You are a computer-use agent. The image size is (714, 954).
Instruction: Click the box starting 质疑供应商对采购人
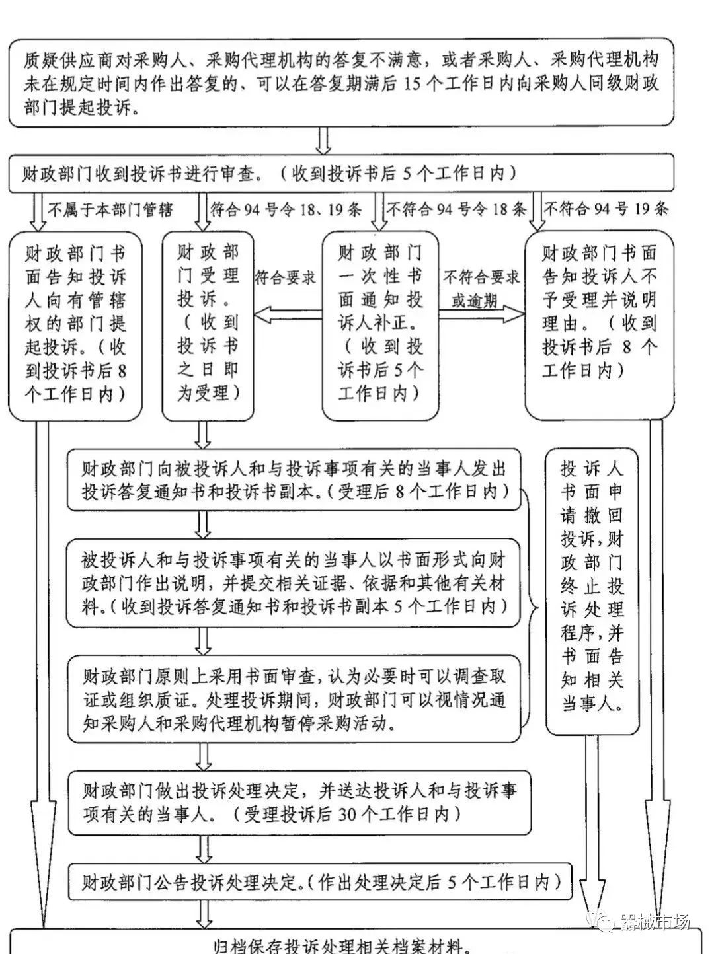pyautogui.click(x=341, y=84)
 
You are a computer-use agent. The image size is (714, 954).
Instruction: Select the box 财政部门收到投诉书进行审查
pyautogui.click(x=341, y=173)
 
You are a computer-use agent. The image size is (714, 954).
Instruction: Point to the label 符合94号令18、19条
pyautogui.click(x=286, y=210)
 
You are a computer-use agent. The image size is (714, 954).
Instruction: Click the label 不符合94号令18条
pyautogui.click(x=456, y=210)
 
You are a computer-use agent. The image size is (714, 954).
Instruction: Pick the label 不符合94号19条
pyautogui.click(x=606, y=210)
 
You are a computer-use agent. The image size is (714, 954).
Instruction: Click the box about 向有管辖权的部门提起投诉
pyautogui.click(x=76, y=324)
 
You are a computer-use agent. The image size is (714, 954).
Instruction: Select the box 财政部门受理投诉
pyautogui.click(x=208, y=324)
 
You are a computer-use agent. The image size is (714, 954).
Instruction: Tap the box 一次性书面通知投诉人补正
pyautogui.click(x=381, y=324)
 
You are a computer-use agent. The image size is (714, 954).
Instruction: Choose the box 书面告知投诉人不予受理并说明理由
pyautogui.click(x=600, y=324)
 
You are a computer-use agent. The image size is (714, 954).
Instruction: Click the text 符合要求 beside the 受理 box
pyautogui.click(x=286, y=278)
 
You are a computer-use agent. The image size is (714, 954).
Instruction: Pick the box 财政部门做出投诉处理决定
pyautogui.click(x=299, y=801)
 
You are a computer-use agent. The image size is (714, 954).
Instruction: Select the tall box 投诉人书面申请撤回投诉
pyautogui.click(x=592, y=590)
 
